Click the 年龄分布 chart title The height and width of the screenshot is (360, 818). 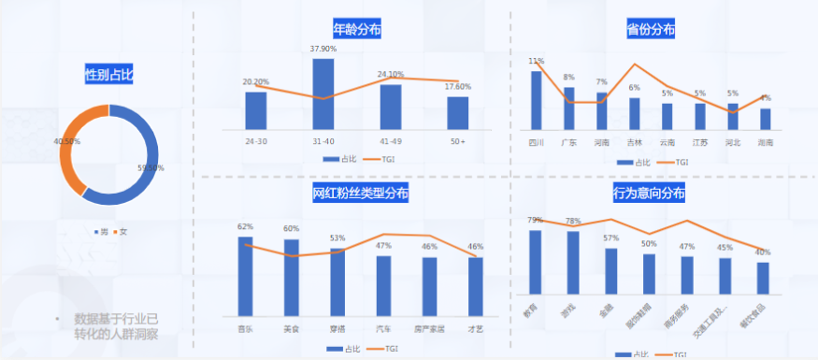[x=357, y=29]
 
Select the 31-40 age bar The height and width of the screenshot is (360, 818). [x=323, y=94]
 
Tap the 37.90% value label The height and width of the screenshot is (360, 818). [x=323, y=49]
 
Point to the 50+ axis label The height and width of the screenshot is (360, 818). [x=457, y=141]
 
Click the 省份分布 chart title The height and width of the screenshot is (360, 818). [x=651, y=29]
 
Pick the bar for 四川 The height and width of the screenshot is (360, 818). [x=537, y=100]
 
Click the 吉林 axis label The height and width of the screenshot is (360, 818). [x=635, y=143]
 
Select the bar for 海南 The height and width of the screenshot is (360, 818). [x=765, y=119]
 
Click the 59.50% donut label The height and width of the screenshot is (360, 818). [x=151, y=168]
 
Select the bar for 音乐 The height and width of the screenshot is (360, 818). [x=246, y=276]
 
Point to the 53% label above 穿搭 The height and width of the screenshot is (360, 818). [x=337, y=238]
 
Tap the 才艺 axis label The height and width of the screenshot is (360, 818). [x=475, y=329]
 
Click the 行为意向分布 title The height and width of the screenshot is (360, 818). [x=649, y=194]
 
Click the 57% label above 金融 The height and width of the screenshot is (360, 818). [x=611, y=238]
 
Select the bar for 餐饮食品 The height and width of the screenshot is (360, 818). [x=763, y=278]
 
